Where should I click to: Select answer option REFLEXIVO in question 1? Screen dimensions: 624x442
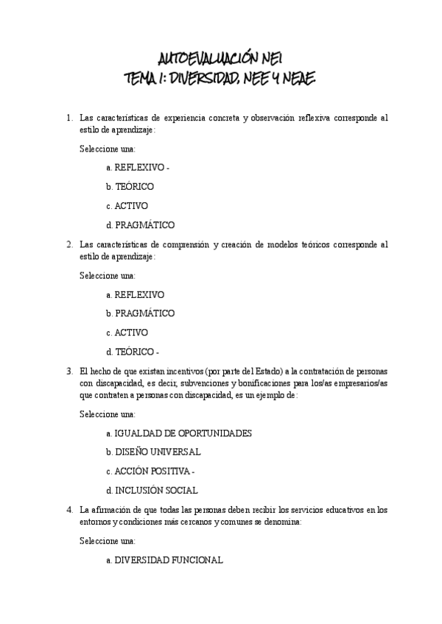(139, 168)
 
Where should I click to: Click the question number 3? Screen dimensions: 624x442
(69, 371)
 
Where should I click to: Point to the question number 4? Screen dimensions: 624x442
(69, 509)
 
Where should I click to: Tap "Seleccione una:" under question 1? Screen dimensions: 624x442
(108, 149)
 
